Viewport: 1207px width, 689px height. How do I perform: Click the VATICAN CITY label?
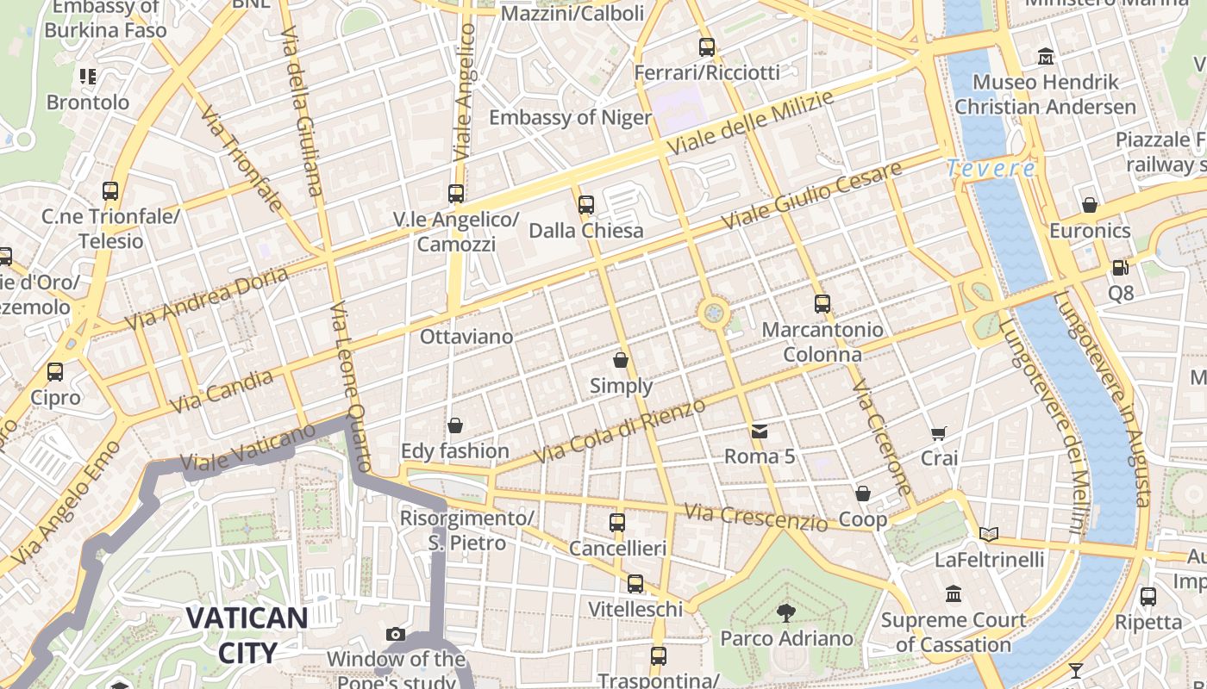(x=247, y=635)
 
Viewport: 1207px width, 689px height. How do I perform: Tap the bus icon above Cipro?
(x=55, y=372)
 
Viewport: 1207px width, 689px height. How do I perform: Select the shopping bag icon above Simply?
(x=621, y=360)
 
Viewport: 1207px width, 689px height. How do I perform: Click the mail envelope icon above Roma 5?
(x=759, y=431)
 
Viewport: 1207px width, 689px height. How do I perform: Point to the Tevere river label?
(x=990, y=168)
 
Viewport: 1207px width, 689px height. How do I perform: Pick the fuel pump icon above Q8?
(x=1120, y=268)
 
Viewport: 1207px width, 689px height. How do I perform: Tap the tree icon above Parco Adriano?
(x=785, y=613)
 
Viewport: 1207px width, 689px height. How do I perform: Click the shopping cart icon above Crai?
(x=939, y=433)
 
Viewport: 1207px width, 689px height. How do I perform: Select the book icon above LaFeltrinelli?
(x=988, y=535)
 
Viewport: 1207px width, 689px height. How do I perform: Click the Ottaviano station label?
(x=466, y=337)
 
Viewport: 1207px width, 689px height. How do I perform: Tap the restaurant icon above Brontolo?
(x=87, y=77)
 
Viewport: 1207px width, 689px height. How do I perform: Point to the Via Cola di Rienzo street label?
(x=619, y=431)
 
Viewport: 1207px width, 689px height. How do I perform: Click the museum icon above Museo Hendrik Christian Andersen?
(x=1046, y=57)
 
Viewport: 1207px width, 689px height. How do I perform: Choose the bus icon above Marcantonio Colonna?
(x=822, y=304)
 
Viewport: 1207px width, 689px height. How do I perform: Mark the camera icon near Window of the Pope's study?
(x=396, y=635)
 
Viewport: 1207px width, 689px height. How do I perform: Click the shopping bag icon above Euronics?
(x=1090, y=205)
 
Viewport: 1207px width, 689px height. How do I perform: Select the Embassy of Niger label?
(x=570, y=117)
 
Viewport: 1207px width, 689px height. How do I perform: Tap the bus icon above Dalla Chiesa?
(x=586, y=205)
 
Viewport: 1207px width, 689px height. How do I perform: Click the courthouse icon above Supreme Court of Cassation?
(x=954, y=594)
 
